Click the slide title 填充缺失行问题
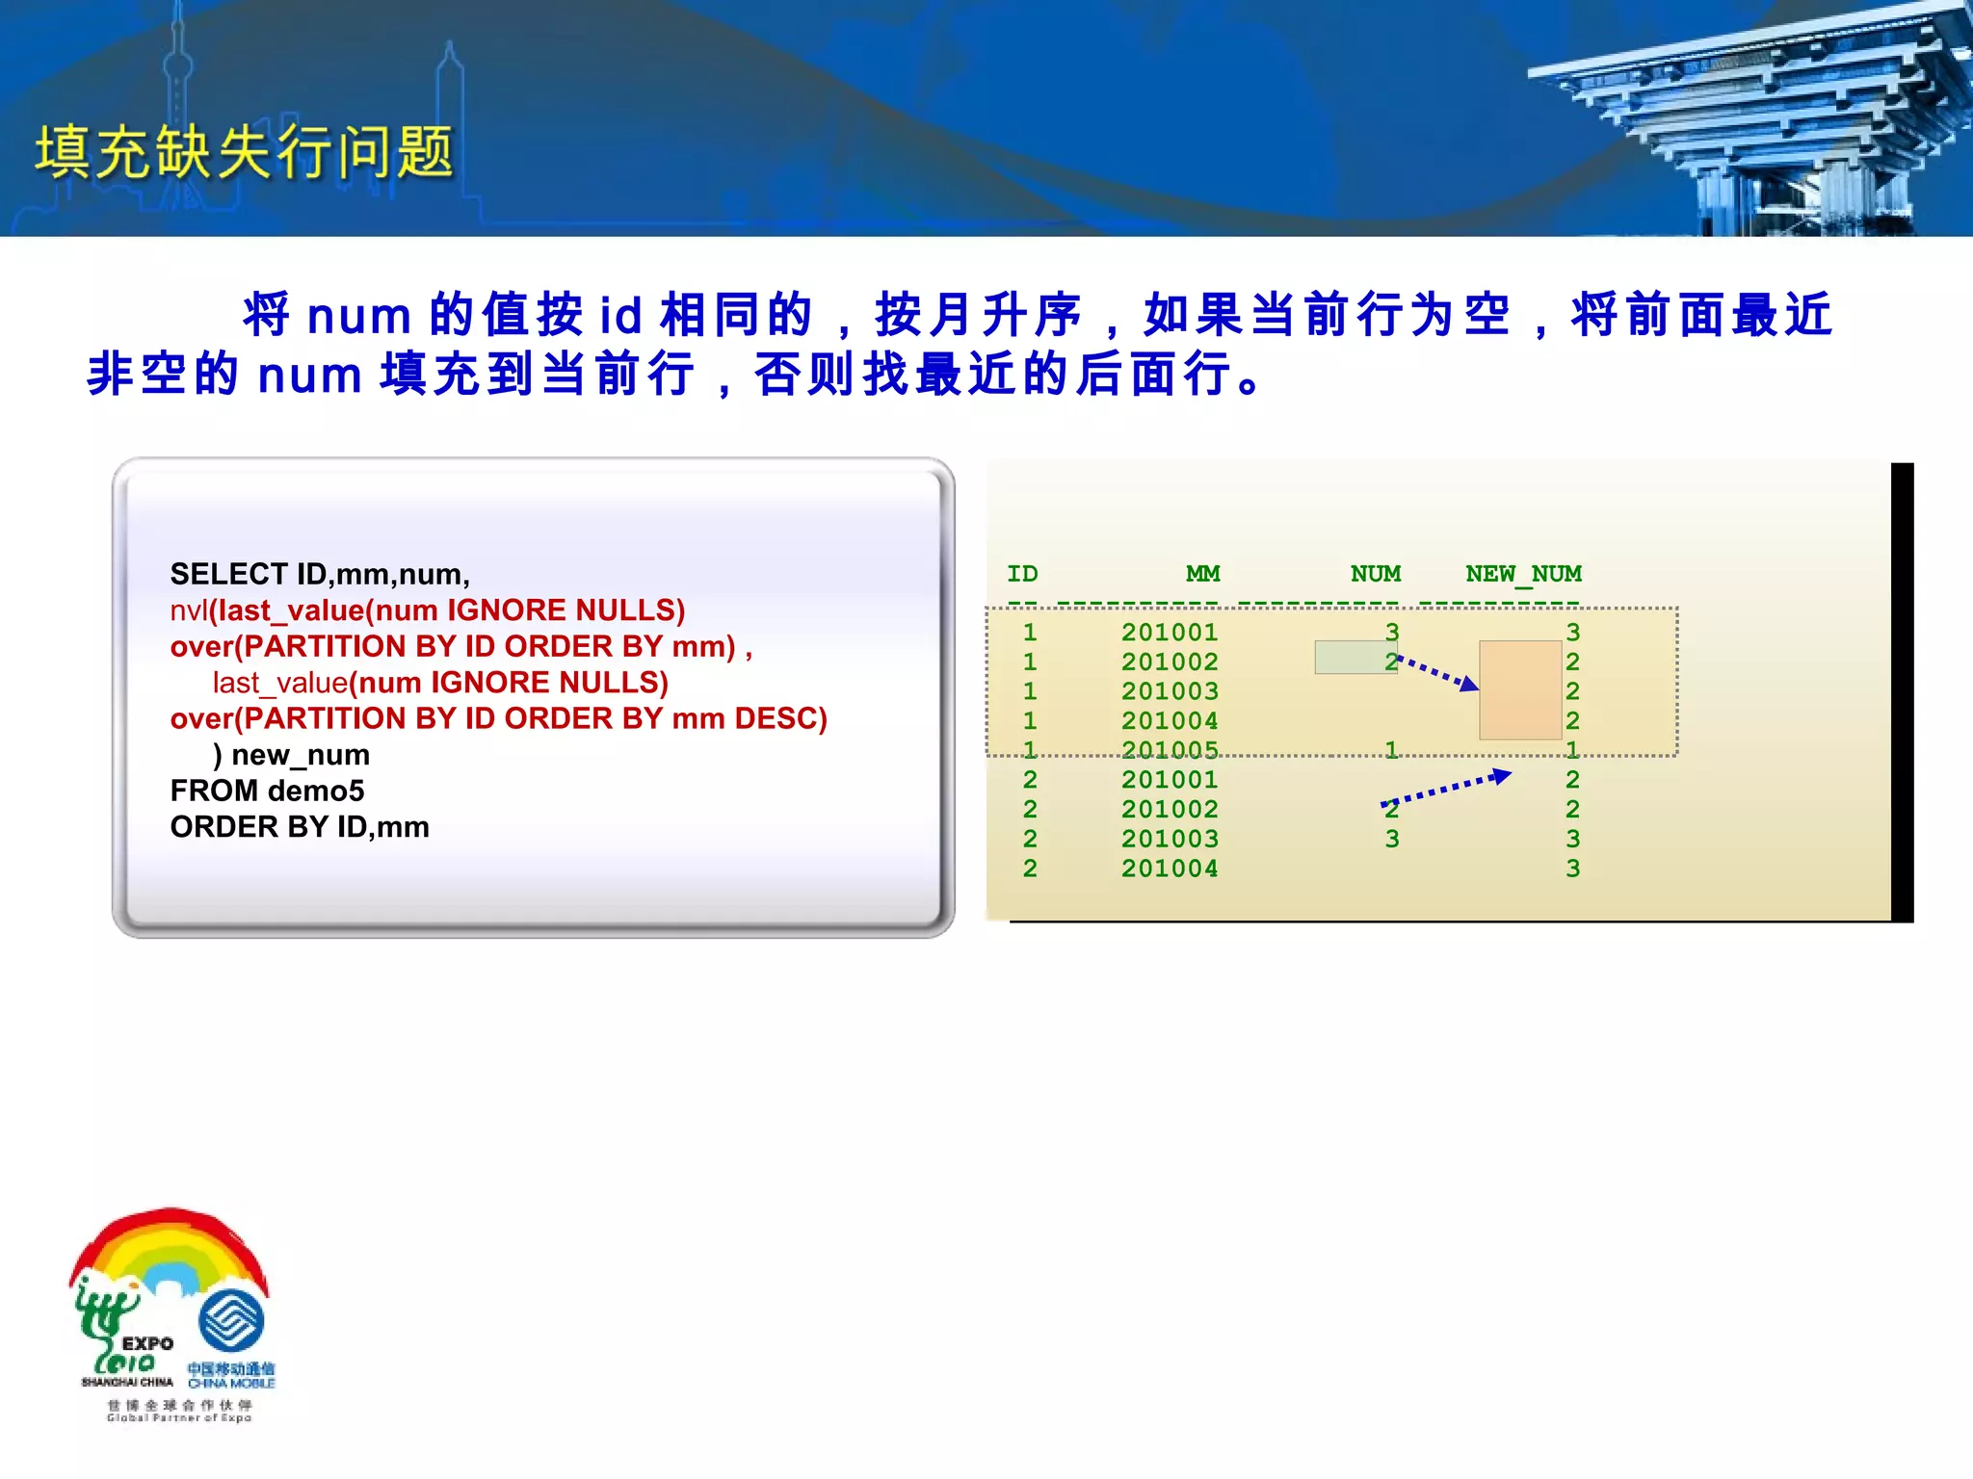pos(244,152)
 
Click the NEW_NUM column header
pos(1523,574)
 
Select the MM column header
pos(1202,574)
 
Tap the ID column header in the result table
pos(1022,574)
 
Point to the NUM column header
pos(1375,574)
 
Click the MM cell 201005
pos(1170,750)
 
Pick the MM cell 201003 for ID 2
pos(1170,839)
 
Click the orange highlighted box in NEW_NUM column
pos(1520,690)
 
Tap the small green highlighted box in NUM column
pos(1354,658)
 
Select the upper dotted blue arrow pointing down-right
pos(1437,671)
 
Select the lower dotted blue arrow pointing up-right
pos(1445,789)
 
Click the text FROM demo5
pos(267,791)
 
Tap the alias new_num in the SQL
pos(300,755)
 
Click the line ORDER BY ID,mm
pos(300,827)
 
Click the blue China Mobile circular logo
pos(231,1321)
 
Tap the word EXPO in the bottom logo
pos(147,1343)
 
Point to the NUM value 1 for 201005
pos(1391,750)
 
